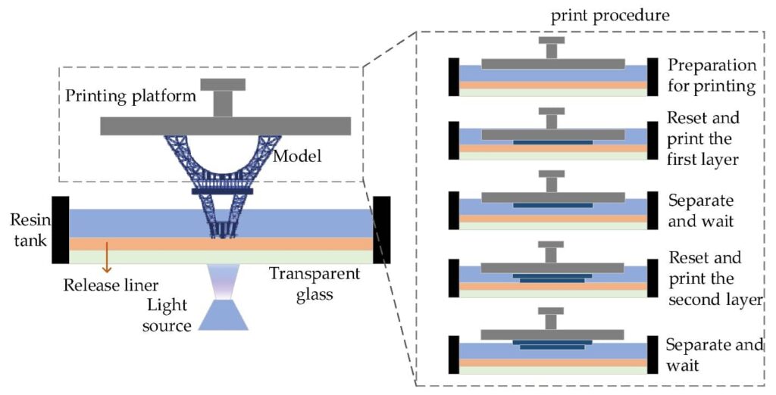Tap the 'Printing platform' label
[131, 96]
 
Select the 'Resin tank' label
[27, 231]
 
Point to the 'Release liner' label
[110, 285]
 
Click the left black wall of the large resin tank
[60, 230]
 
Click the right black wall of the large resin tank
[382, 230]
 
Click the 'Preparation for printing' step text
[712, 75]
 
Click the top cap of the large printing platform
[223, 84]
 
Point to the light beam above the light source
[227, 281]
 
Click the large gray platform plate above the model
[225, 126]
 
